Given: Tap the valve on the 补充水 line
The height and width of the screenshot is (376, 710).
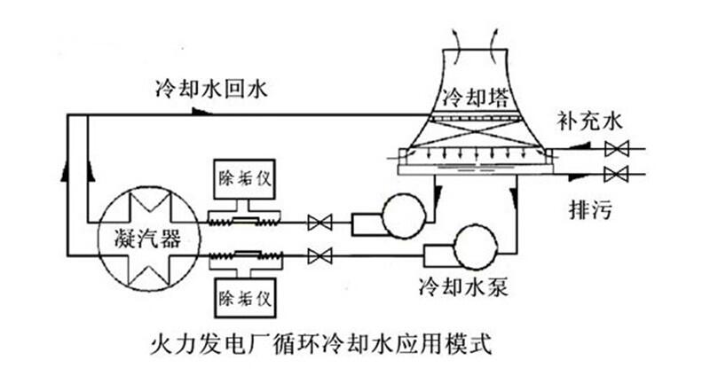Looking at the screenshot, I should (x=612, y=149).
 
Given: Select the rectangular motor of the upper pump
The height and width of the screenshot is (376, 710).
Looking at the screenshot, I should (x=365, y=223).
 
